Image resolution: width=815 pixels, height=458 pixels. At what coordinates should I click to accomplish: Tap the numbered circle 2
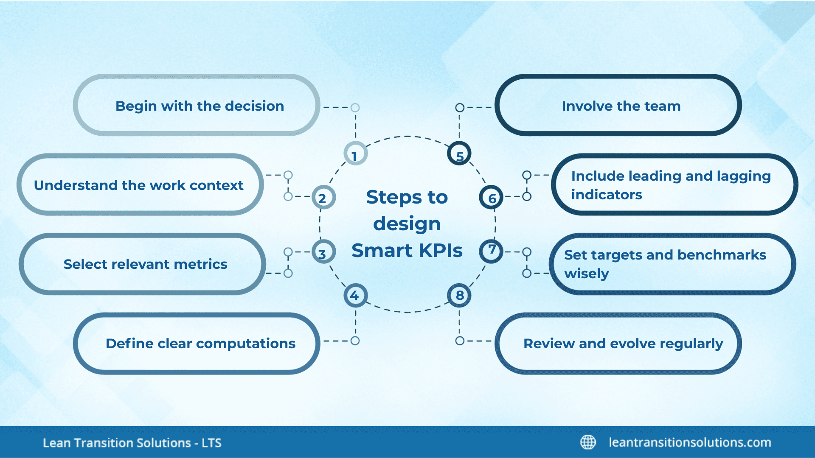coord(323,198)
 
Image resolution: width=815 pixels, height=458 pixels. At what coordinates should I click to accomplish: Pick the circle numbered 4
coord(355,296)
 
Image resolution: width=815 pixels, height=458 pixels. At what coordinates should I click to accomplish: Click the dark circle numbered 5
coord(459,154)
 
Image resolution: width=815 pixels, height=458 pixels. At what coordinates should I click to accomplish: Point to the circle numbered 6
coord(491,198)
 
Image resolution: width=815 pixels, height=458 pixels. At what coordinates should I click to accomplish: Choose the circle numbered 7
coord(491,251)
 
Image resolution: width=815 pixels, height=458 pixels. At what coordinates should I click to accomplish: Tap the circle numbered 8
coord(459,296)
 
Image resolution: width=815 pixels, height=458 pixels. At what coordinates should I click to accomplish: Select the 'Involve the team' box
coord(618,106)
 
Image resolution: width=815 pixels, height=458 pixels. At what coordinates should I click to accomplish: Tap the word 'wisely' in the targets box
coord(586,274)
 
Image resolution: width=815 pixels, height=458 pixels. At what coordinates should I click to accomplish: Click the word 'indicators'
coord(607,195)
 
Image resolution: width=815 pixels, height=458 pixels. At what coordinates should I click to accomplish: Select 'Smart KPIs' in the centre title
coord(407,250)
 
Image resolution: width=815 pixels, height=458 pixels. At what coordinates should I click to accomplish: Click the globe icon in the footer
coord(588,442)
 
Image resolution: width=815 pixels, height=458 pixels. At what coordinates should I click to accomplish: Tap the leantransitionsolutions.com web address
coord(690,442)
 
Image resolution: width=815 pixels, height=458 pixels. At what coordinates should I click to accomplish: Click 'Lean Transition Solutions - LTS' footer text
coord(132,443)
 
